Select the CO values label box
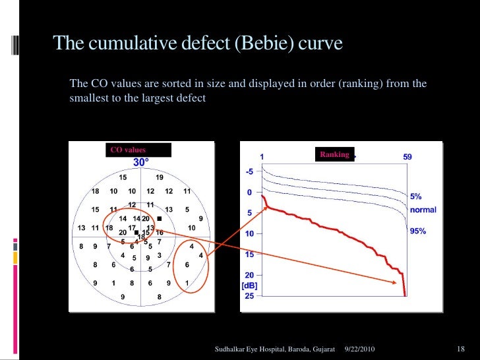136,150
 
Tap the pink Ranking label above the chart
335,154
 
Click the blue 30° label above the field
141,162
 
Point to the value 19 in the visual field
160,177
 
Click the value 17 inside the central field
132,227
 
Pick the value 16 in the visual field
160,232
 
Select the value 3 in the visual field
160,255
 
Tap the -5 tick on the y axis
249,172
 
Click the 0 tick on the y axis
249,193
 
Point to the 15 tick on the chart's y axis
249,255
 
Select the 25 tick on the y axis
249,295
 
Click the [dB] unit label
249,285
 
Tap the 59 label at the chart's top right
407,157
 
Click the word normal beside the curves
423,210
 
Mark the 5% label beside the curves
416,196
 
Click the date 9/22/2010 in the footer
362,347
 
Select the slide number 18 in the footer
461,347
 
